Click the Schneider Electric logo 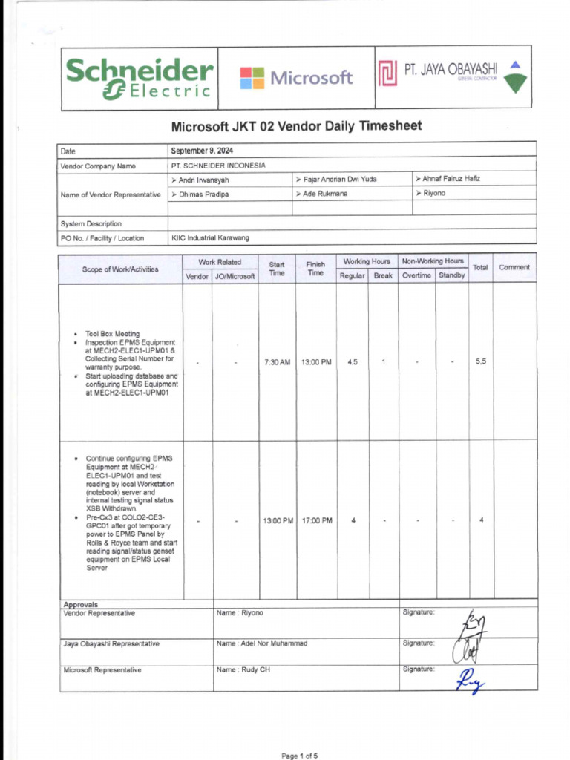point(139,78)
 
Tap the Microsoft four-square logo point(252,78)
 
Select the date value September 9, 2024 point(202,151)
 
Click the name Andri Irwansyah point(200,180)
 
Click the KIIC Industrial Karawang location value point(211,238)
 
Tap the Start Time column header point(277,269)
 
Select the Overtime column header point(416,275)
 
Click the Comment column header point(514,267)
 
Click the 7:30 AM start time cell point(277,362)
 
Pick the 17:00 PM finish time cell point(317,520)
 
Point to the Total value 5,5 point(481,362)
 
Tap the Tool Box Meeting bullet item point(112,334)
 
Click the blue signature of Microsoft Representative point(468,679)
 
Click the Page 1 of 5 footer point(300,756)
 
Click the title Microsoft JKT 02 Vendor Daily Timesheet point(296,126)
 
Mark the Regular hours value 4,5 point(353,362)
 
